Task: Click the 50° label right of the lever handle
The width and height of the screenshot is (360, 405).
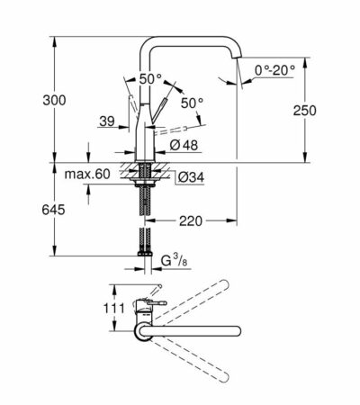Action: pos(193,103)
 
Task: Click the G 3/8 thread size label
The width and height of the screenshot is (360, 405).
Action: pos(175,263)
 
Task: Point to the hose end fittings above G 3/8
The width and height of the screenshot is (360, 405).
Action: pos(144,246)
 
